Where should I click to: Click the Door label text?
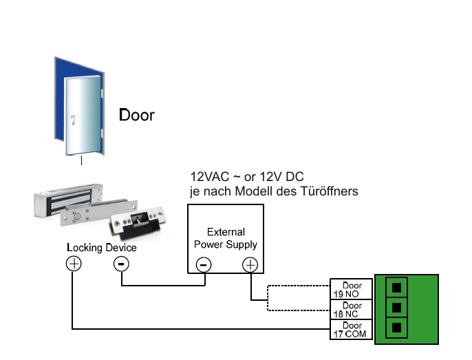coord(137,114)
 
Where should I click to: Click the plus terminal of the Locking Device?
coord(73,263)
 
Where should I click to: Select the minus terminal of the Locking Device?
coord(121,263)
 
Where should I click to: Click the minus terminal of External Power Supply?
coord(204,264)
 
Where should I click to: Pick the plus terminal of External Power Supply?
coord(250,264)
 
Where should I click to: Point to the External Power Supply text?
coord(226,238)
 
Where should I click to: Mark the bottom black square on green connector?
coord(398,327)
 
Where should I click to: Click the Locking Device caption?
coord(101,247)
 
